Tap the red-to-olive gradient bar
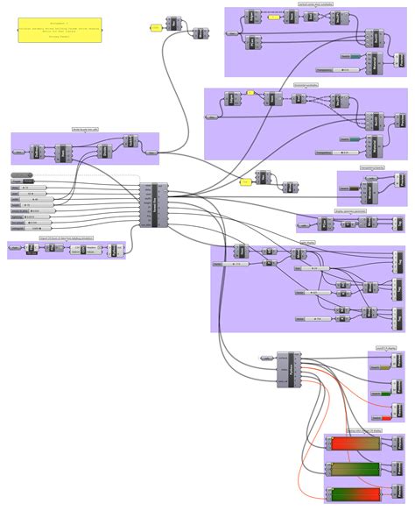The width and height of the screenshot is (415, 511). [353, 444]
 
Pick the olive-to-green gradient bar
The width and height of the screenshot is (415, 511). [353, 469]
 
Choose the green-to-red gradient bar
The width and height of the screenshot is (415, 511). [353, 494]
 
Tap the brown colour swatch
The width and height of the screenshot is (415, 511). [353, 188]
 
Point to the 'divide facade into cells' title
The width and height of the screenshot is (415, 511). [85, 129]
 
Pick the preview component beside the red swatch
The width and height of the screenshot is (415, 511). [397, 412]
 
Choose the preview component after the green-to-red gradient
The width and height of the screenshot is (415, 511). [397, 494]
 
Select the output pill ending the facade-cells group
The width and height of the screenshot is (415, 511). [151, 152]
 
